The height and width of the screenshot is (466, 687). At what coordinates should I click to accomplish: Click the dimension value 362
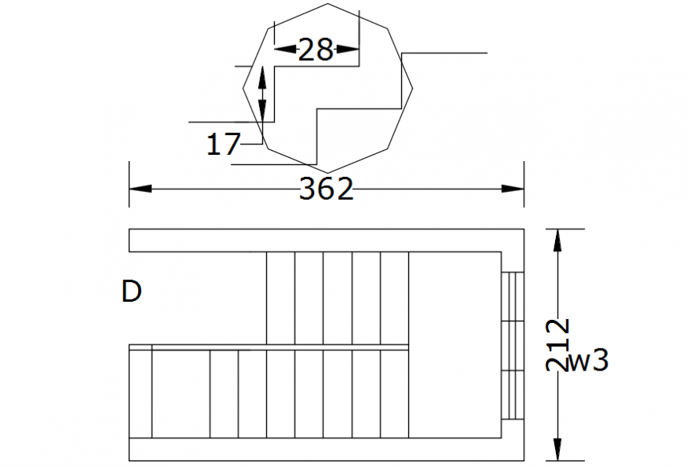[x=325, y=190]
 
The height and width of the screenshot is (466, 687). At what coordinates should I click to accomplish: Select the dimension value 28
[x=316, y=51]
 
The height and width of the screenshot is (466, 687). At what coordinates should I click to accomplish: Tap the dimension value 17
[x=223, y=145]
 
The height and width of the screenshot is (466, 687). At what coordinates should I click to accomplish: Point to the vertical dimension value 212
[x=557, y=344]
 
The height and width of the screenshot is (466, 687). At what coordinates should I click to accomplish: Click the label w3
[x=589, y=362]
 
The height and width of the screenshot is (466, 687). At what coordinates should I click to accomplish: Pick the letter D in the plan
[x=131, y=291]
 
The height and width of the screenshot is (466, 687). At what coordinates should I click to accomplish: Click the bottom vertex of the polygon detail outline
[x=327, y=172]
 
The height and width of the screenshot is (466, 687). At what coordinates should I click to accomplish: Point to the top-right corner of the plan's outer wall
[x=524, y=229]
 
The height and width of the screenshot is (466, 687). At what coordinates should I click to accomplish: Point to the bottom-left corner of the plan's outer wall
[x=130, y=460]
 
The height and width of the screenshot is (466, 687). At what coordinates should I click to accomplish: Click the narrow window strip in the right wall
[x=512, y=345]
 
